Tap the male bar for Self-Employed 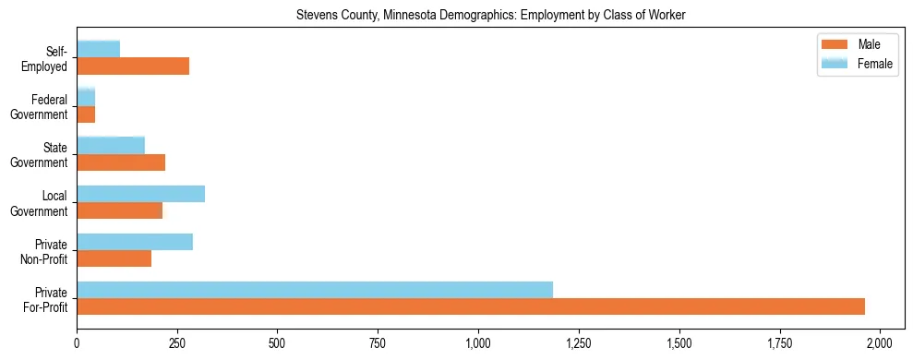133,66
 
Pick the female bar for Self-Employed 99,49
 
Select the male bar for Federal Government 86,114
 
